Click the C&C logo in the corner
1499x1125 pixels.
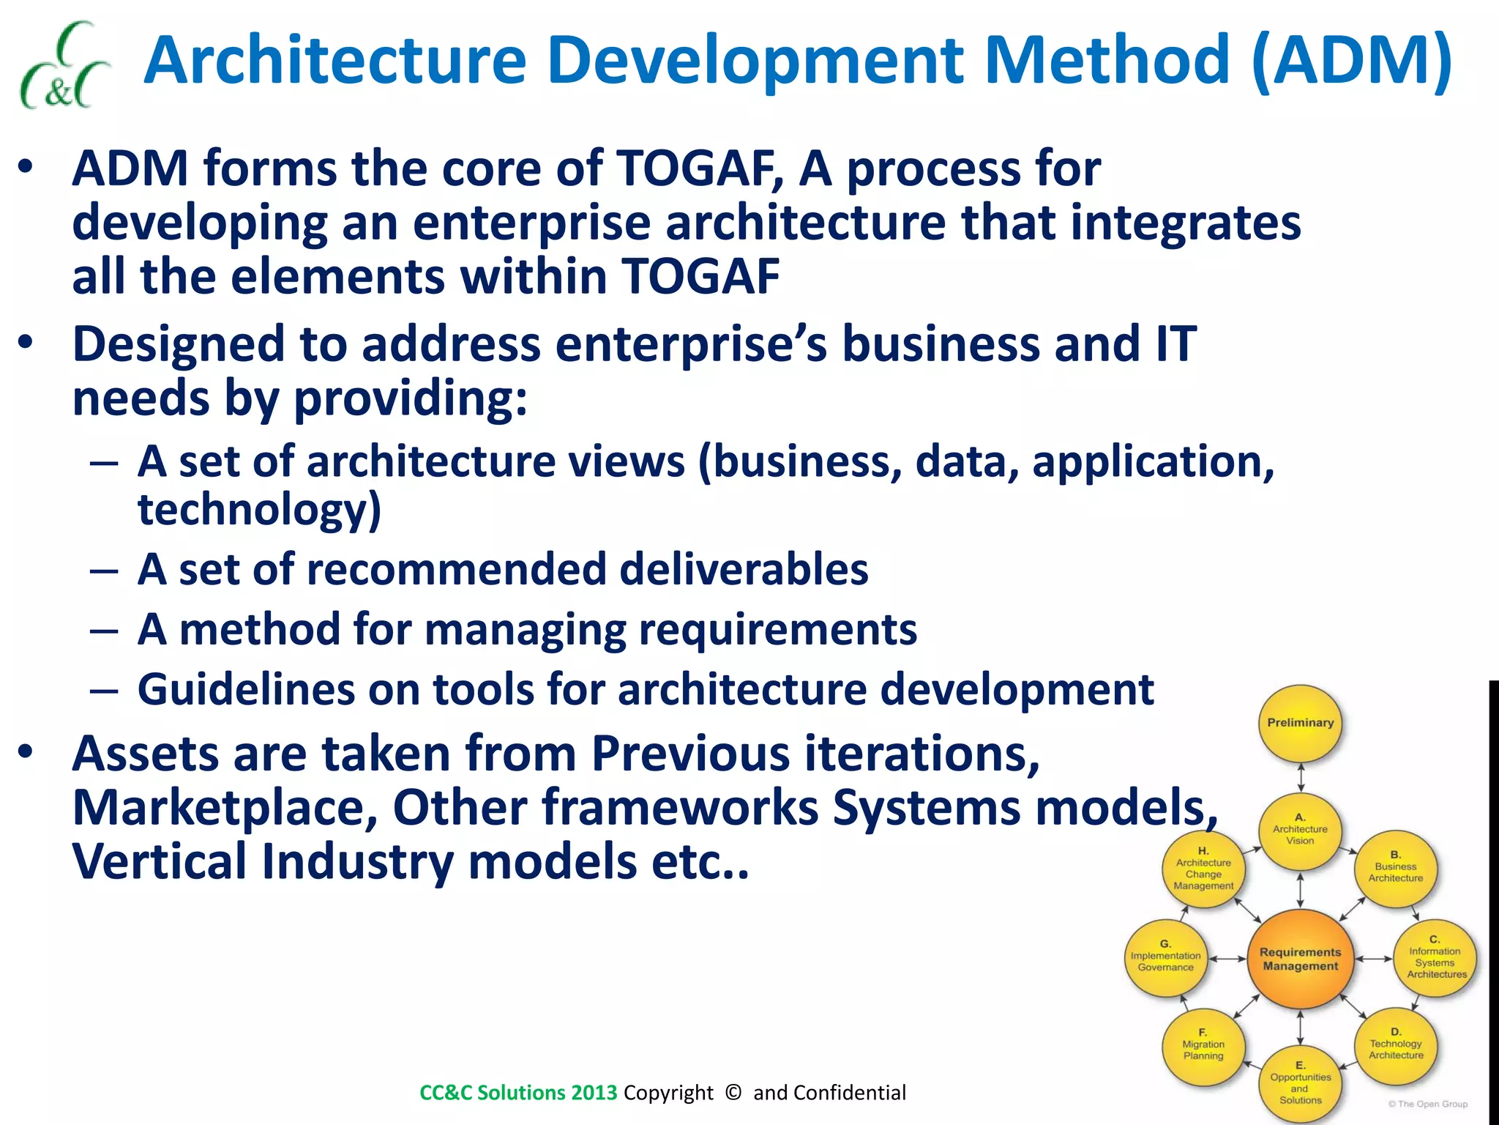point(64,66)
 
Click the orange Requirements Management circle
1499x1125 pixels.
point(1300,959)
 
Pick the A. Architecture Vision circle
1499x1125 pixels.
point(1300,830)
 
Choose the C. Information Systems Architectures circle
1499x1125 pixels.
point(1435,958)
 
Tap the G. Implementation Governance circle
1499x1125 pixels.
point(1165,958)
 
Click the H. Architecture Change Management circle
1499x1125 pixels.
point(1203,869)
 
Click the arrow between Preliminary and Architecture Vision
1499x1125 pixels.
point(1301,777)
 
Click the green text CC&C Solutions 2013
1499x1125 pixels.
point(518,1093)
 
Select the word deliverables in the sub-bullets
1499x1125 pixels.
point(744,570)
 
